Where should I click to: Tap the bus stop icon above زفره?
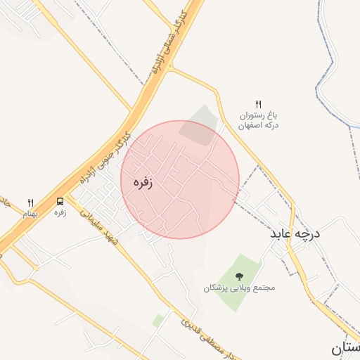(x=60, y=201)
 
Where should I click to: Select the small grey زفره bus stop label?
(x=60, y=212)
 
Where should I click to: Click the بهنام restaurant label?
(x=30, y=213)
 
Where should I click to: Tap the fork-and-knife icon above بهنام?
(x=30, y=202)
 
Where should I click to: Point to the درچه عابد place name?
(x=293, y=233)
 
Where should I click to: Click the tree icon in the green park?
(x=239, y=276)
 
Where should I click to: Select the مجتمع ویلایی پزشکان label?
(x=239, y=288)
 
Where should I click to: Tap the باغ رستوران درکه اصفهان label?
(x=258, y=120)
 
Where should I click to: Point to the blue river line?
(x=330, y=70)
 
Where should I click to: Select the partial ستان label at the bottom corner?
(x=345, y=347)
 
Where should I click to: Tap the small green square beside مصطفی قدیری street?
(x=157, y=321)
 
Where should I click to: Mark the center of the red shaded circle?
(x=180, y=179)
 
